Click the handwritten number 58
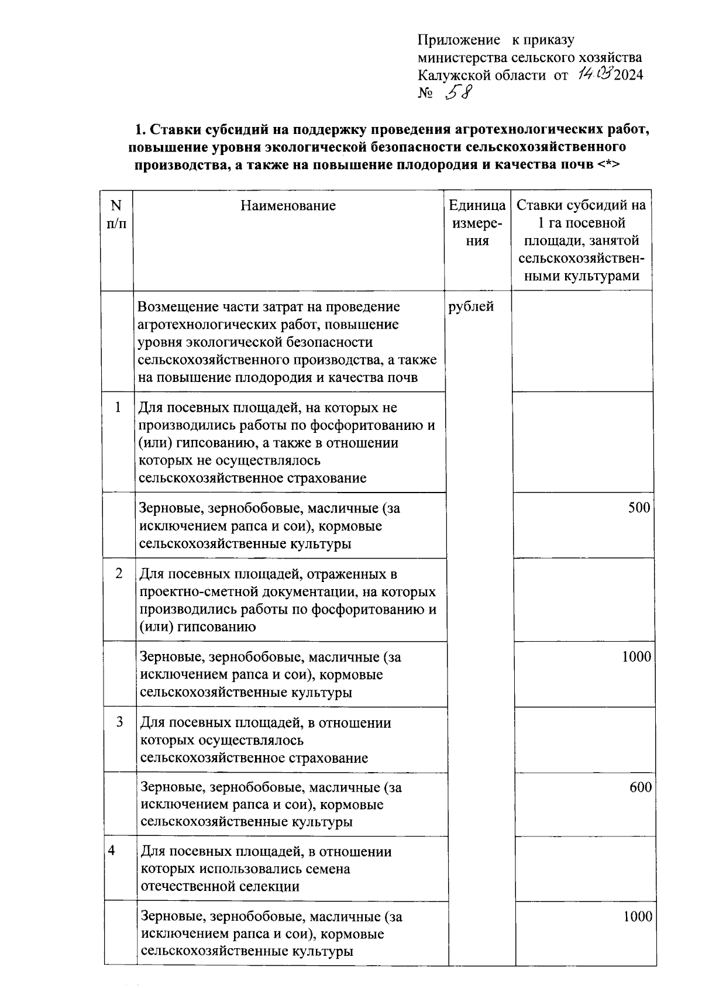click(x=458, y=92)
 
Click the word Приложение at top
click(x=459, y=40)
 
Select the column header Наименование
click(x=288, y=205)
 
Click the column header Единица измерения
click(x=477, y=223)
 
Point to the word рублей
click(x=471, y=307)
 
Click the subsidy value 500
click(x=639, y=507)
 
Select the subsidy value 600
click(x=641, y=787)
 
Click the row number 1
click(x=118, y=407)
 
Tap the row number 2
click(x=119, y=573)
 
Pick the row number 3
click(x=119, y=722)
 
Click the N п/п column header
click(x=116, y=214)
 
